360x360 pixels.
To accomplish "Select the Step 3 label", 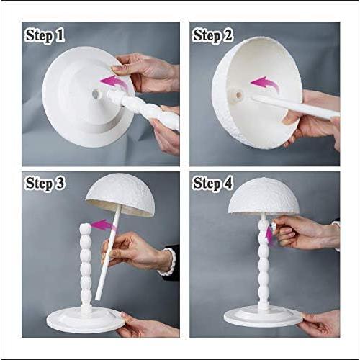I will (x=45, y=184).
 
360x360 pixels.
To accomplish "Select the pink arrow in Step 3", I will (x=103, y=225).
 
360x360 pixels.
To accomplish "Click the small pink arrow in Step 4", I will (x=271, y=233).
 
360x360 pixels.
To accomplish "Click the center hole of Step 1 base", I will (x=96, y=92).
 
